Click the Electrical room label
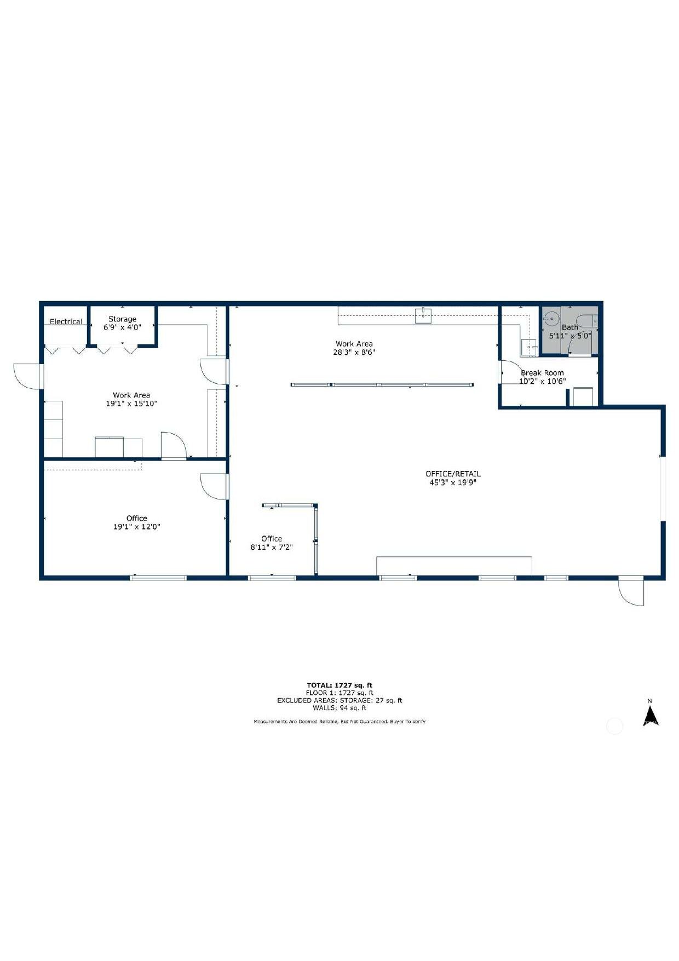coord(66,321)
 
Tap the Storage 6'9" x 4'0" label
coord(122,323)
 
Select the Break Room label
coord(542,373)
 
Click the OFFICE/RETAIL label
coord(453,474)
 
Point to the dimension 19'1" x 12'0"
coord(136,527)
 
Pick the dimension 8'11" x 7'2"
coord(272,547)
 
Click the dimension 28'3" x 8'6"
coord(354,352)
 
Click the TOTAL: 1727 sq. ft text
coord(339,685)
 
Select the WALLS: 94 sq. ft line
coord(339,708)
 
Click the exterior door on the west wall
coord(27,376)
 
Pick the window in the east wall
coord(662,488)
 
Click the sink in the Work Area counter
coord(423,316)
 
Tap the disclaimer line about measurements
coord(339,722)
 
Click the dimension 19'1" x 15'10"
coord(131,404)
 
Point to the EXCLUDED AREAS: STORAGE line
coord(339,700)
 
